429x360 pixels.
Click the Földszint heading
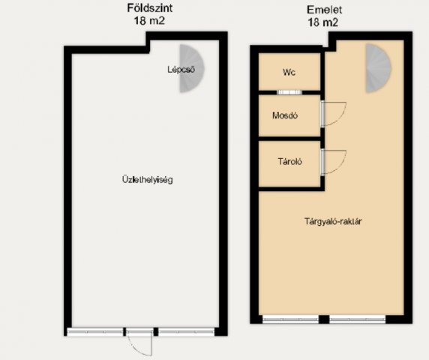tap(150, 8)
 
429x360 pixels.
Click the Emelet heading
tap(324, 10)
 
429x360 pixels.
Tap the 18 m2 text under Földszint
tap(149, 21)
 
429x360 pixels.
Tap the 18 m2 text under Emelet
tap(322, 22)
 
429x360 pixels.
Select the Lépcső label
tap(181, 70)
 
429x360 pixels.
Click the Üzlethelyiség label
tap(148, 180)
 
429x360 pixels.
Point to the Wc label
tap(289, 72)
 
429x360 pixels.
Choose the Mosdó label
tap(285, 115)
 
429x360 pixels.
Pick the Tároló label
tap(290, 161)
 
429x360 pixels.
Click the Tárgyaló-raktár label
tap(333, 221)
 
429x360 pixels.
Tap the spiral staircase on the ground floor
tap(191, 68)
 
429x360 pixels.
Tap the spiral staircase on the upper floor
tap(378, 68)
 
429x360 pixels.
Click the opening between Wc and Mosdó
tap(289, 92)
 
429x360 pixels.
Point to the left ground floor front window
tap(95, 331)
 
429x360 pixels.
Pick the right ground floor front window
tap(186, 331)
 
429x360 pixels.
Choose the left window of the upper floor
tap(290, 319)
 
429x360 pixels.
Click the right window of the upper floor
tap(357, 319)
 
